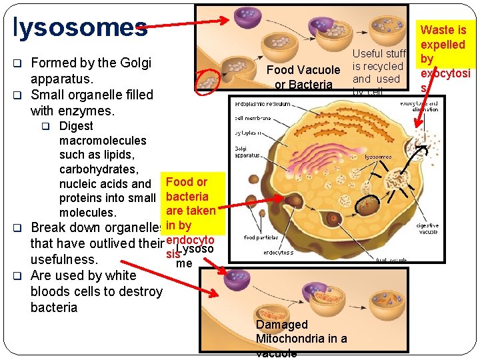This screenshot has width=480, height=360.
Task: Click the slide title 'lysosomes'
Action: pyautogui.click(x=80, y=26)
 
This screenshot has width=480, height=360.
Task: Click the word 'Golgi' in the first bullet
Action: pyautogui.click(x=135, y=63)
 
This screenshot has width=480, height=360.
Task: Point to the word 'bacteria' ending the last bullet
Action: pyautogui.click(x=54, y=307)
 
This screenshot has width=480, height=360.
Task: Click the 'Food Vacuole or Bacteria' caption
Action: pyautogui.click(x=303, y=77)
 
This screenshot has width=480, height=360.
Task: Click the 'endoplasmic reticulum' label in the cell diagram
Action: pyautogui.click(x=262, y=104)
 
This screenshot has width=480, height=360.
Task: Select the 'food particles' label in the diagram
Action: pyautogui.click(x=260, y=237)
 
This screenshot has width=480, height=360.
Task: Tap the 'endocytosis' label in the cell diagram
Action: pyautogui.click(x=278, y=253)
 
